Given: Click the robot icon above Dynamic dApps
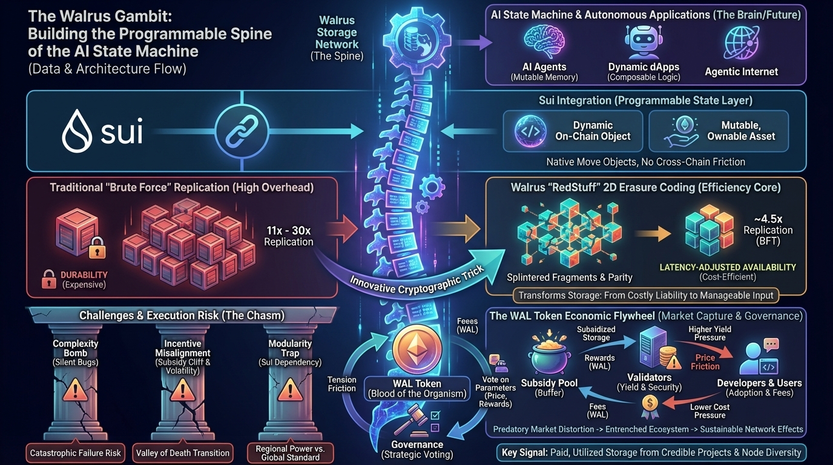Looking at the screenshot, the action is [644, 42].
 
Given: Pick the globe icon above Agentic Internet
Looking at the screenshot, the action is [741, 44].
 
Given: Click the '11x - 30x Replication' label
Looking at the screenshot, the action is [289, 236].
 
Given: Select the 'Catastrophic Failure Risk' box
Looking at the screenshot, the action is [76, 452].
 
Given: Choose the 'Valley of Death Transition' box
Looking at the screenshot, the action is [183, 452].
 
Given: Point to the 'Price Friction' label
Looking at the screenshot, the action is [705, 362].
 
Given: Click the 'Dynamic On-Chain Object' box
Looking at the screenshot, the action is [572, 130].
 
